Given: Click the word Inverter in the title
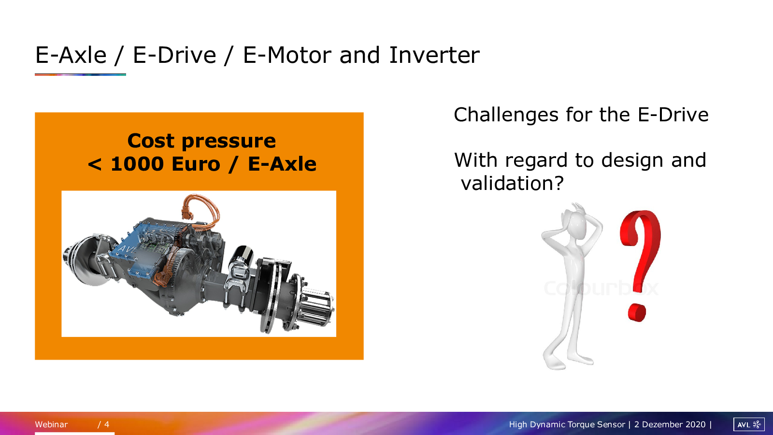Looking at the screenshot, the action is click(x=434, y=55).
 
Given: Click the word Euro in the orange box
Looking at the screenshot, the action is click(x=196, y=164).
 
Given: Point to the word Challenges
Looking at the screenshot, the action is click(x=506, y=116).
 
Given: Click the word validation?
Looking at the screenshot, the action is click(x=513, y=183).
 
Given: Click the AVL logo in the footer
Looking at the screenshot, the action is click(x=749, y=424).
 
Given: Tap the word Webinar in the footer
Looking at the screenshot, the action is click(x=51, y=424).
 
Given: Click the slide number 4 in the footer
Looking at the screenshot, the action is click(x=107, y=424).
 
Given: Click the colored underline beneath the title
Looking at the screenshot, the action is click(x=80, y=74).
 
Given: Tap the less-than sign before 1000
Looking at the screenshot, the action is click(x=95, y=164).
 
